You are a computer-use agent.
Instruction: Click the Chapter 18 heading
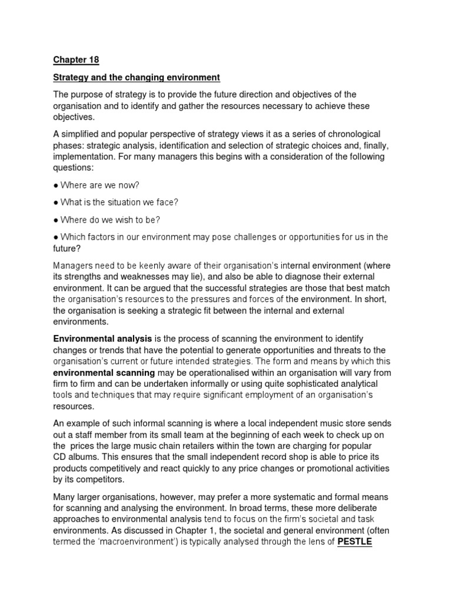[76, 59]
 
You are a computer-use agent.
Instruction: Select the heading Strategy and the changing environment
[137, 77]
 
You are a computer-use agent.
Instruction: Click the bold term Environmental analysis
[103, 339]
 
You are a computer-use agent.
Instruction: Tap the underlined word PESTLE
[354, 542]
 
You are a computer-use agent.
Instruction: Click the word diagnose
[301, 277]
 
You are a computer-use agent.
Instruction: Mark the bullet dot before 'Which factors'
[56, 237]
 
